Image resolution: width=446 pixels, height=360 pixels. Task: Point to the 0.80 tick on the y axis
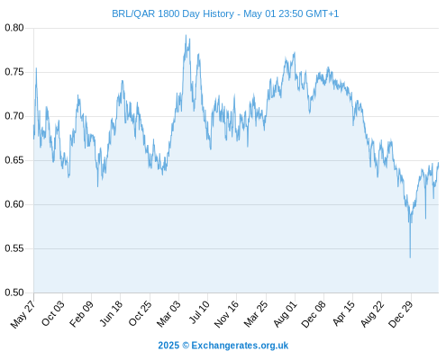(14, 28)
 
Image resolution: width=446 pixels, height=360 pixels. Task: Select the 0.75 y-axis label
(14, 72)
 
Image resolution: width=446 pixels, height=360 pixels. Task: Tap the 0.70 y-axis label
(14, 116)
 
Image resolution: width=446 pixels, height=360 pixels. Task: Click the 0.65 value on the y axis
(14, 160)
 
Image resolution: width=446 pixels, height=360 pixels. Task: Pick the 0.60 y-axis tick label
(14, 204)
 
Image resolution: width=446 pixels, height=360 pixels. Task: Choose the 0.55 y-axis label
(14, 248)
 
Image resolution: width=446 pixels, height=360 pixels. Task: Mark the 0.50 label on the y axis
(14, 292)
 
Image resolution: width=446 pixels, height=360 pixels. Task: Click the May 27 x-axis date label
(23, 314)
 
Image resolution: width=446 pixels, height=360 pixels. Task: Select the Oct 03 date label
(53, 313)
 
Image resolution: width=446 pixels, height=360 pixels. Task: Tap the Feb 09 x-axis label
(82, 314)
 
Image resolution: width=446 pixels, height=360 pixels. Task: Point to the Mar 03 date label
(169, 314)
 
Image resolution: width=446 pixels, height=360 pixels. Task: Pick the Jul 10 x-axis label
(199, 312)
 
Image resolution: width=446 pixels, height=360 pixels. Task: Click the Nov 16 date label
(227, 314)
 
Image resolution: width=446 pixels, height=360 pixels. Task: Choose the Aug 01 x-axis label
(286, 314)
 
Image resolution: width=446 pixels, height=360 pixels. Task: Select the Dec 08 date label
(314, 314)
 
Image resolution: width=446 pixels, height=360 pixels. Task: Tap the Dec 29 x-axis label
(401, 314)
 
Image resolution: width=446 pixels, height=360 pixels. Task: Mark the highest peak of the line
(186, 35)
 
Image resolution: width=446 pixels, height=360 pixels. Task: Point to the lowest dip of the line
(410, 257)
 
